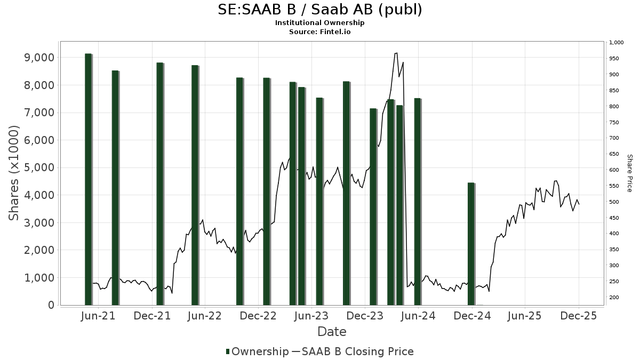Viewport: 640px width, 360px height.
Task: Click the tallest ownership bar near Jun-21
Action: tap(89, 179)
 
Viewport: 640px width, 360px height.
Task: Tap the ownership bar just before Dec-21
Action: tap(160, 183)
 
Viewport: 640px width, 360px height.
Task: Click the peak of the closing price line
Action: tap(396, 53)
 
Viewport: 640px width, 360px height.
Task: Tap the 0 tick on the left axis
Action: tap(51, 305)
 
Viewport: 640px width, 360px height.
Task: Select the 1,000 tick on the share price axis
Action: tap(616, 43)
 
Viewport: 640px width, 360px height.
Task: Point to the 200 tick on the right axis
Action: tap(614, 298)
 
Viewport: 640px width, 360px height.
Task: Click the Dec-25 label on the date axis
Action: tap(578, 316)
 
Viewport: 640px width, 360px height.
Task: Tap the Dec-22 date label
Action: tap(258, 316)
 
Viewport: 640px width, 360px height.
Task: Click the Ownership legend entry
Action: tap(257, 351)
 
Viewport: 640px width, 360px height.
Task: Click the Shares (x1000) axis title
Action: tap(14, 173)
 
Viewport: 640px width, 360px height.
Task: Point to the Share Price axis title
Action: tap(629, 173)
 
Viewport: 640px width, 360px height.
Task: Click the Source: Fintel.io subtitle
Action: tap(319, 31)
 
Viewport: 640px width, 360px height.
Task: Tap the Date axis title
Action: tap(332, 332)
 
